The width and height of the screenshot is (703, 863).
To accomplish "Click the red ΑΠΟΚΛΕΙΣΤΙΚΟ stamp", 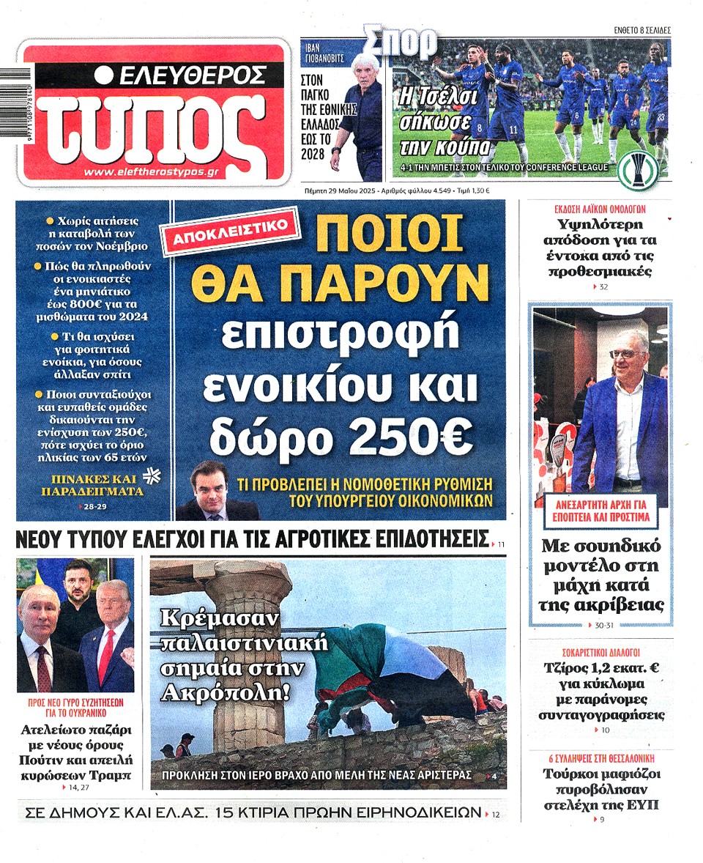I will point(235,233).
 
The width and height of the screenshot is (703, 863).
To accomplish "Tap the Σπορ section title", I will point(401,42).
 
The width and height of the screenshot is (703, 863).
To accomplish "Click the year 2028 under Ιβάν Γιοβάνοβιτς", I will point(313,154).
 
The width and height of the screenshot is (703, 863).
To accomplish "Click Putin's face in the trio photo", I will point(38,610).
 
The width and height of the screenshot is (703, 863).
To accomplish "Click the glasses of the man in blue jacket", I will point(624,354).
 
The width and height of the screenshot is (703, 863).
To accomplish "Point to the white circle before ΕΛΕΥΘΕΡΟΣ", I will point(104,75).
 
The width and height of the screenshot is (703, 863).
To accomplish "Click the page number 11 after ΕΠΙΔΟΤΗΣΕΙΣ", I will point(502,545).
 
